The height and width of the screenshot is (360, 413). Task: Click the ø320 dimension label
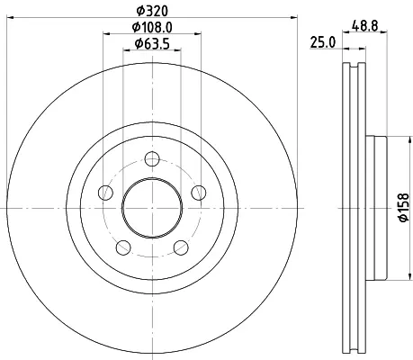pos(152,11)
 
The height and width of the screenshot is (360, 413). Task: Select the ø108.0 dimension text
pos(152,27)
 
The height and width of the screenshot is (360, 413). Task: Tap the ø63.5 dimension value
pos(152,44)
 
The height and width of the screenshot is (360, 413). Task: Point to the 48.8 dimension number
pos(364,26)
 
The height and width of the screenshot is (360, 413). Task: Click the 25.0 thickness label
pos(323,42)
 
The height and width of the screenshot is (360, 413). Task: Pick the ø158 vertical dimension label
pos(404,207)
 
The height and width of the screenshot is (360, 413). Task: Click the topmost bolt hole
pos(152,158)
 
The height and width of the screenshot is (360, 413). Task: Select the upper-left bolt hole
pos(105,193)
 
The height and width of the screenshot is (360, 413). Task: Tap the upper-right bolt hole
pos(199,193)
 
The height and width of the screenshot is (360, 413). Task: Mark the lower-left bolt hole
pos(123,247)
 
